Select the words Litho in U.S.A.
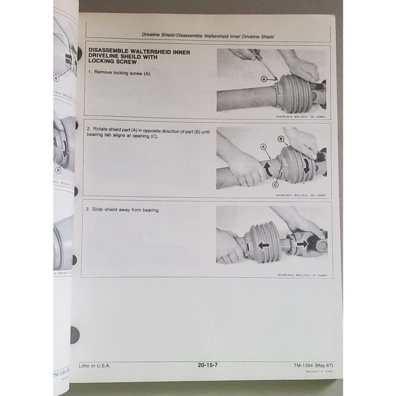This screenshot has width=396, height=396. tap(95, 365)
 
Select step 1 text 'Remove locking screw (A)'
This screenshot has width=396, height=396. tap(124, 72)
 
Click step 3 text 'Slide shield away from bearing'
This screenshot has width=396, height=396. tap(126, 210)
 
